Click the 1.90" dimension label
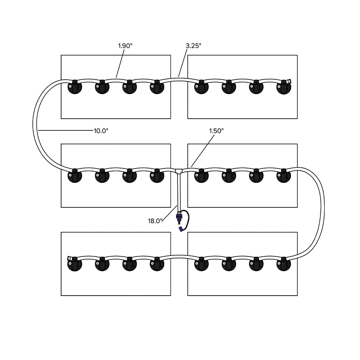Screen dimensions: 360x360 click(125, 46)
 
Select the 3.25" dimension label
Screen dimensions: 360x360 click(193, 46)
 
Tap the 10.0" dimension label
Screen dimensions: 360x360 click(101, 131)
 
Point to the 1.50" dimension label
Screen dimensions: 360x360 click(217, 131)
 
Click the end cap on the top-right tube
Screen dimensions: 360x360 click(289, 82)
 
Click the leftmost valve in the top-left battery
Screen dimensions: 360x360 click(75, 87)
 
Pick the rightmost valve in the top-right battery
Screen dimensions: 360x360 click(284, 87)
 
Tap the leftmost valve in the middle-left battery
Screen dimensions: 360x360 click(75, 175)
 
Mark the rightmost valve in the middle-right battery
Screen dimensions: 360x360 click(284, 175)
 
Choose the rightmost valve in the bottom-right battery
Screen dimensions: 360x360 click(284, 264)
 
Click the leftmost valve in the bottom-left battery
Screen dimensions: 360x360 click(75, 264)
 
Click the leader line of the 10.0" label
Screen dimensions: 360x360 click(65, 130)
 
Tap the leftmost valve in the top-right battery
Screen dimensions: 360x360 click(202, 87)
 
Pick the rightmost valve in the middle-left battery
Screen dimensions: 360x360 click(157, 175)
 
